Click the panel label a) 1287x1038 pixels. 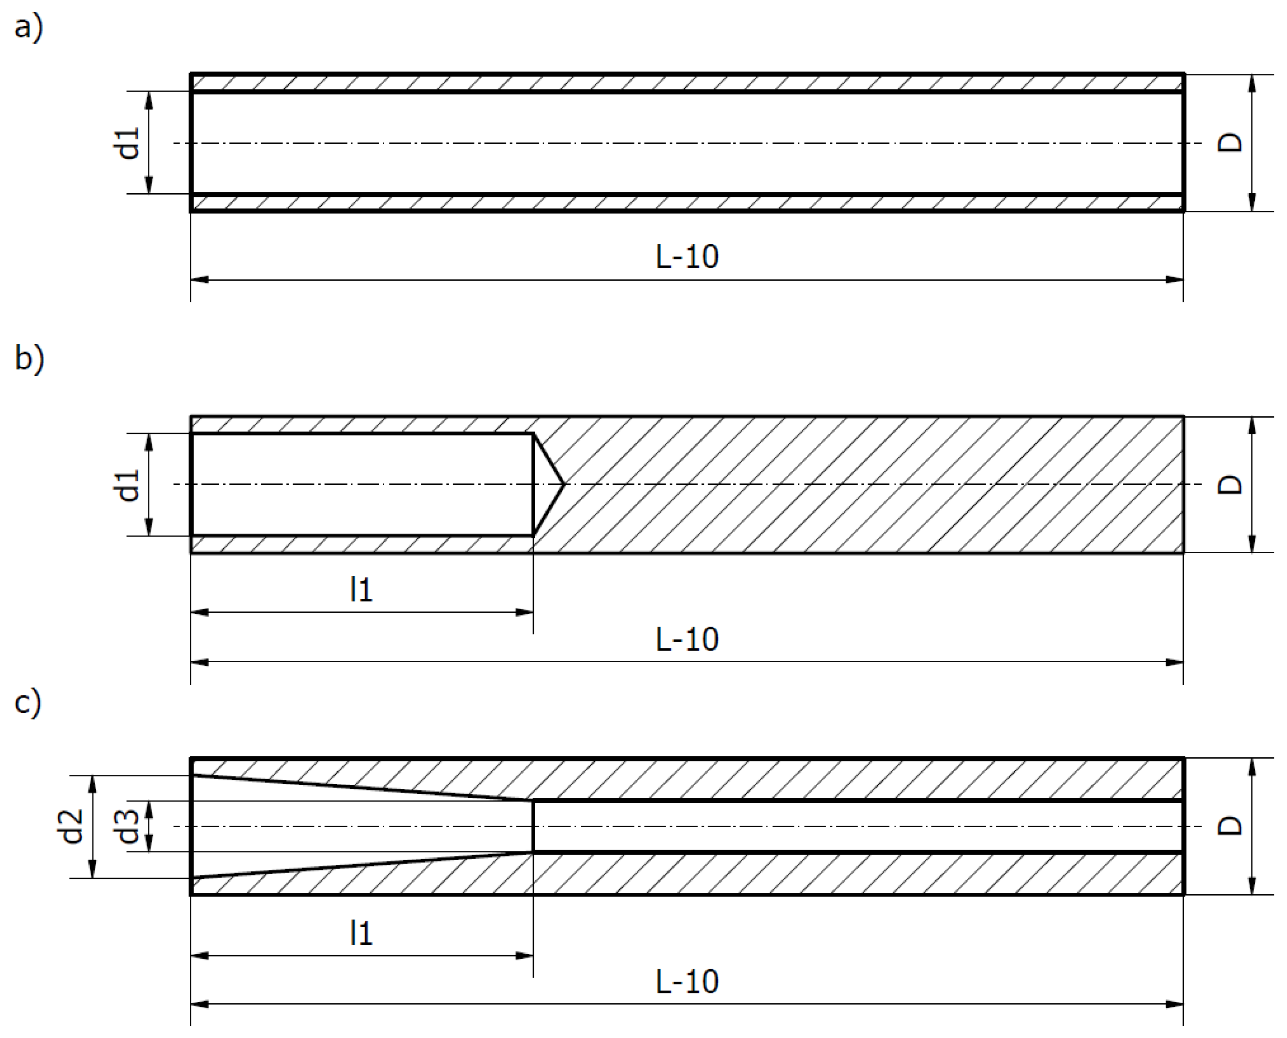(x=28, y=28)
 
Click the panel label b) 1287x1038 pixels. (x=29, y=360)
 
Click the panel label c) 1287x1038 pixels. (x=28, y=702)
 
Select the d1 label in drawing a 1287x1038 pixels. (x=128, y=143)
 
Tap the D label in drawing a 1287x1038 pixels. (x=1230, y=142)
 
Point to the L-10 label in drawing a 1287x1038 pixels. (x=687, y=257)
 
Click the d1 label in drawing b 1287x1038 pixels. (x=128, y=485)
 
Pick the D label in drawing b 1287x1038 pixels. (x=1230, y=484)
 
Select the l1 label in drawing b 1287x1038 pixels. (x=361, y=590)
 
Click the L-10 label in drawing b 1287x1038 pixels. (x=687, y=640)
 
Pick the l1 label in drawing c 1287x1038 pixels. (x=361, y=933)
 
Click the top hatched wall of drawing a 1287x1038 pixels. (x=687, y=82)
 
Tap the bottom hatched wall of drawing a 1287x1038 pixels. (x=687, y=203)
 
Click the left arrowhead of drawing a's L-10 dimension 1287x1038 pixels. (x=199, y=279)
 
